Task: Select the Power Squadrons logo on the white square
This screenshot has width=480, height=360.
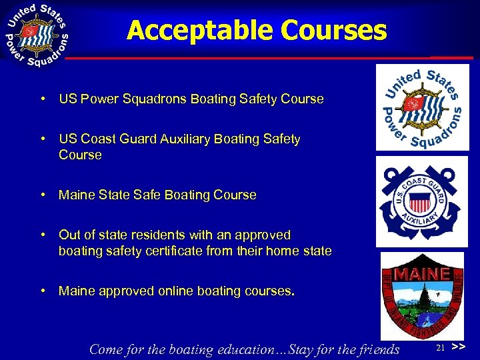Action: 417,107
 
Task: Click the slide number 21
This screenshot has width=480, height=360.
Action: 440,348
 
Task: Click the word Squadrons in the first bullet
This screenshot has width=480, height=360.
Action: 159,99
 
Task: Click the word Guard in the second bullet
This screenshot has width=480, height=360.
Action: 142,139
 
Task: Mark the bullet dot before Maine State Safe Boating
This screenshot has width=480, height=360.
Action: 42,195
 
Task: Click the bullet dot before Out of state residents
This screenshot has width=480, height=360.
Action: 42,235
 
